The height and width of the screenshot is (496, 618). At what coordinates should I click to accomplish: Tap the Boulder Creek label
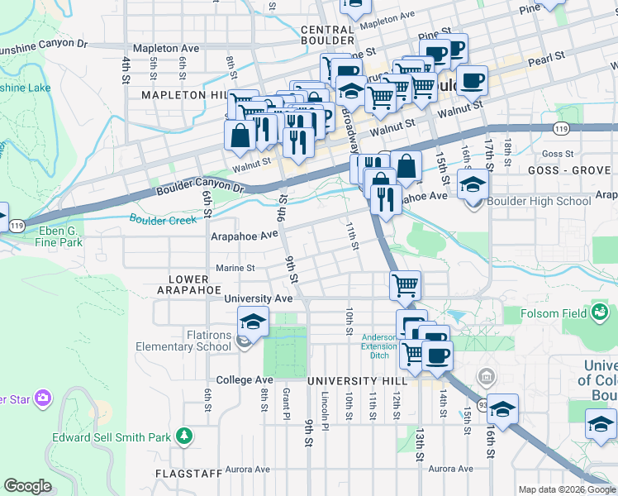(163, 219)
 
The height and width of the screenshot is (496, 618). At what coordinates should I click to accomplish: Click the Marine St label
(235, 268)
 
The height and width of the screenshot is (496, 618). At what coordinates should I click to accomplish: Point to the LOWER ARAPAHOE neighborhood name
(193, 285)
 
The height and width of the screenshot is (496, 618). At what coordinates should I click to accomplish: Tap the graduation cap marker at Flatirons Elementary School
(254, 321)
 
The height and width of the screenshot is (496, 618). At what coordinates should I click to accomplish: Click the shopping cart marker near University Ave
(405, 286)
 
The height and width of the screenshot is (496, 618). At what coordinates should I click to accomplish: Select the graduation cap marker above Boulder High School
(473, 183)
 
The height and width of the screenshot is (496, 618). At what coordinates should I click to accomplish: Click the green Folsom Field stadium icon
(600, 312)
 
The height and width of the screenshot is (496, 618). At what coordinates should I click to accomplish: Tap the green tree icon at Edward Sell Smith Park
(187, 435)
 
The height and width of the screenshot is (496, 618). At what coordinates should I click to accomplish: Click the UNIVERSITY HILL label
(357, 380)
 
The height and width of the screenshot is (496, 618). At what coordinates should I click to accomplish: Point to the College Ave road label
(244, 380)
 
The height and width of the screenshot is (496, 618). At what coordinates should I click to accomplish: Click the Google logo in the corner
(27, 486)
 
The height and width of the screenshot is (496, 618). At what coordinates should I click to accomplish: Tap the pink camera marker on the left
(42, 398)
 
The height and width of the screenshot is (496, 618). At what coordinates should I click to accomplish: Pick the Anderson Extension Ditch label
(379, 346)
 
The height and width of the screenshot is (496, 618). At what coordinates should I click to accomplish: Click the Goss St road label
(558, 154)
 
